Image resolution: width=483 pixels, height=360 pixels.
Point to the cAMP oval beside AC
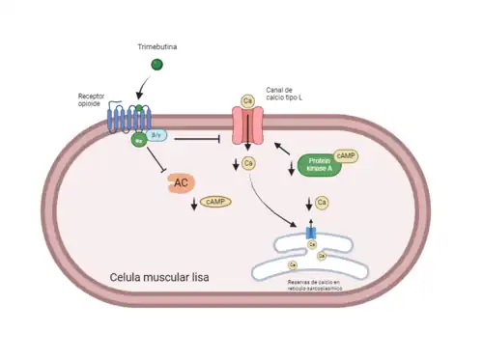tap(215, 201)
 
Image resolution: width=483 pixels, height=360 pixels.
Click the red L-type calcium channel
tap(248, 125)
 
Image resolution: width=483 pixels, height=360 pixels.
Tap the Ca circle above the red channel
tap(247, 99)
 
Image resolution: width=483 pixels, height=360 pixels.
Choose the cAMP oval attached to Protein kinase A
tap(343, 155)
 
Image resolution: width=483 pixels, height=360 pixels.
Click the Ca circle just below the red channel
tap(249, 163)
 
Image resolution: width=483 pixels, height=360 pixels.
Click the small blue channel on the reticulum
tap(310, 234)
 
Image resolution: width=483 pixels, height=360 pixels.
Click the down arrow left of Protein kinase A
tap(292, 170)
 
